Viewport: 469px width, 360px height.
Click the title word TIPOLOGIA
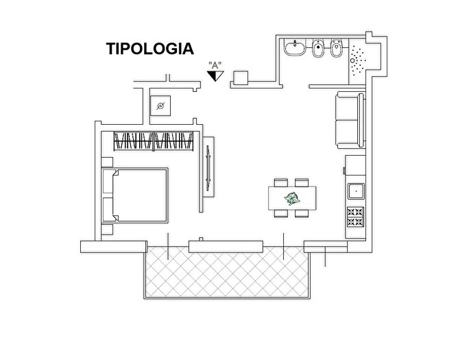coord(149,49)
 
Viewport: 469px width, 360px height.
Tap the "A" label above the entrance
coord(215,66)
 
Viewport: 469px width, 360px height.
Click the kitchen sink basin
coord(357,190)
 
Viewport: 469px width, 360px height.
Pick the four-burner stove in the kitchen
coord(357,217)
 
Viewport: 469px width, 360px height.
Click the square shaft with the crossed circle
coord(160,106)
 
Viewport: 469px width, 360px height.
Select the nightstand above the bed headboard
coord(106,162)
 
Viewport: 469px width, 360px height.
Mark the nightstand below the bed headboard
coord(106,228)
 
